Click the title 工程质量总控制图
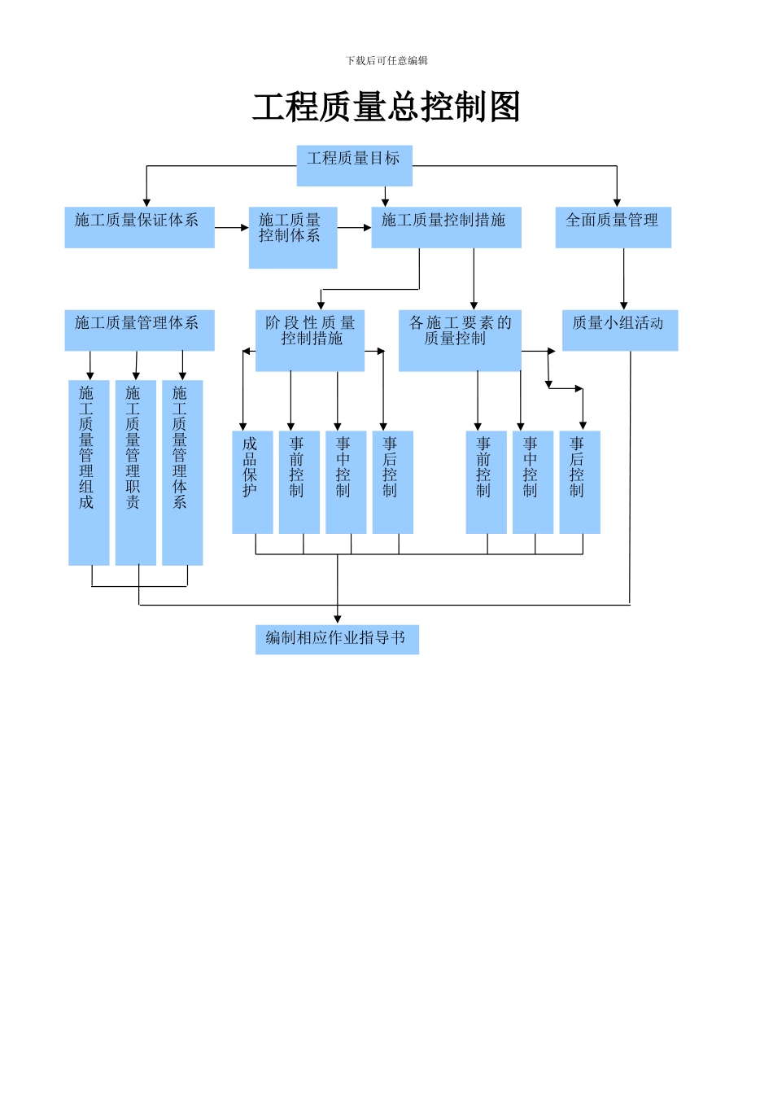tap(386, 107)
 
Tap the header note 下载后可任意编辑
tap(386, 60)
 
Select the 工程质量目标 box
tap(354, 165)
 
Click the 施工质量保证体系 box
tap(139, 227)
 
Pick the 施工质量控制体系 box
tap(292, 237)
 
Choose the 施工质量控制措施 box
tap(446, 227)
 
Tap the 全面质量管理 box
tap(613, 227)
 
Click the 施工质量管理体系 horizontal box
tap(139, 330)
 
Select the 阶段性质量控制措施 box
tap(310, 340)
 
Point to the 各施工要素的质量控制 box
tap(460, 340)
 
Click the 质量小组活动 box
tap(619, 330)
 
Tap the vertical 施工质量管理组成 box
tap(89, 472)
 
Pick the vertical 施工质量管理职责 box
tap(135, 472)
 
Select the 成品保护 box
tap(252, 482)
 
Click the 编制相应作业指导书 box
tap(337, 639)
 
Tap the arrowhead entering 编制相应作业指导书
tap(338, 619)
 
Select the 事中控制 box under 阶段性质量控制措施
tap(346, 482)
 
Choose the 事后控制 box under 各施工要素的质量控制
tap(579, 482)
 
